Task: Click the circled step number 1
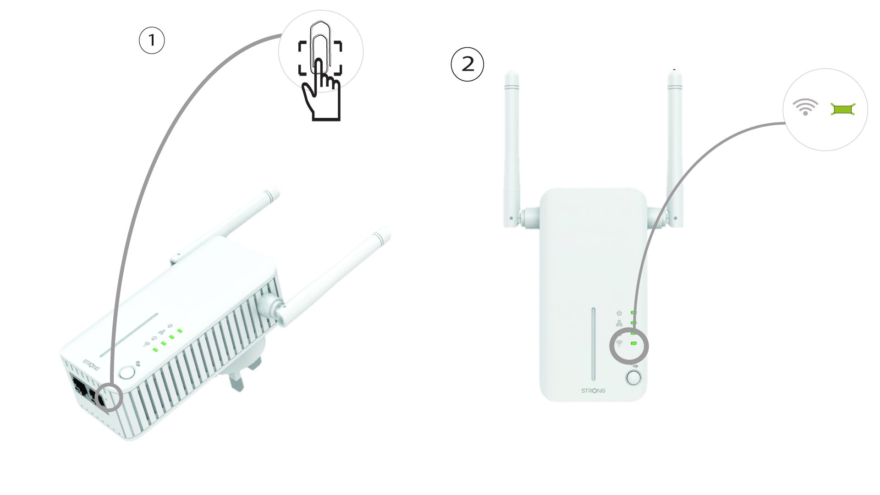point(152,40)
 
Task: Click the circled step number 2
point(467,65)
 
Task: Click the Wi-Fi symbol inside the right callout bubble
point(805,107)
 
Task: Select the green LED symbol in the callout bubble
point(843,109)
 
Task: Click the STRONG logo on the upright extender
point(593,390)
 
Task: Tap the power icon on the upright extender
point(619,313)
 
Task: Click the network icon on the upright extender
point(619,324)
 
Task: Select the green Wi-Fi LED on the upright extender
point(634,343)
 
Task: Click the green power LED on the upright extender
point(633,313)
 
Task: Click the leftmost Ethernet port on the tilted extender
point(80,389)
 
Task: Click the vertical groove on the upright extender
point(594,344)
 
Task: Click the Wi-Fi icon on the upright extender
point(619,343)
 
